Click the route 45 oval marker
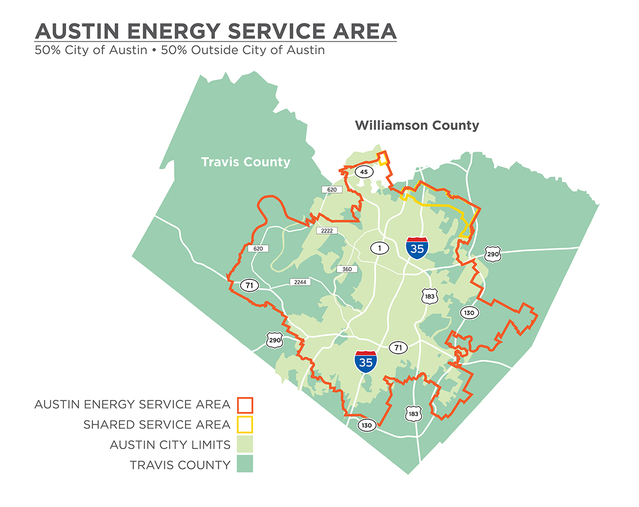364,172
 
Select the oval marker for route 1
380,248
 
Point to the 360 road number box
347,269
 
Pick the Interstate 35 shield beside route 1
416,248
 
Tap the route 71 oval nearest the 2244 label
249,285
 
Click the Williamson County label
417,126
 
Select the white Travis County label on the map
245,162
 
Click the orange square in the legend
245,405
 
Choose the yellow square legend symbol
245,425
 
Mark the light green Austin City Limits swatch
245,444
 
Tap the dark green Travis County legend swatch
245,464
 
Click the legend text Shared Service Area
157,425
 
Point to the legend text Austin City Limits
170,445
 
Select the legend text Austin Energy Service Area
132,404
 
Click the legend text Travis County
180,465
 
